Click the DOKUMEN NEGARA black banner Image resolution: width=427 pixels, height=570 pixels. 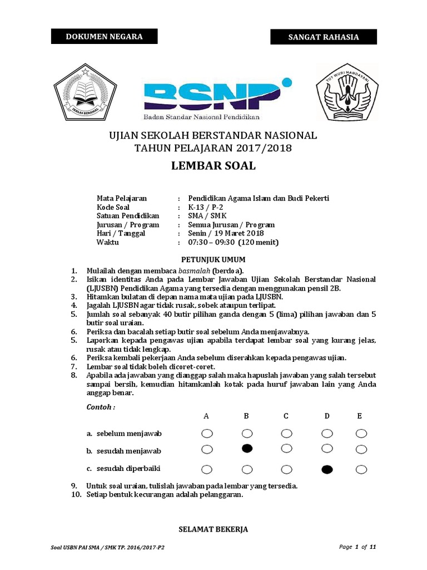(105, 37)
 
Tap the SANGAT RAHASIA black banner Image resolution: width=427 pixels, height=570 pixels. (324, 37)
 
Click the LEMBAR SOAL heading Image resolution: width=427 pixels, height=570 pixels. (213, 165)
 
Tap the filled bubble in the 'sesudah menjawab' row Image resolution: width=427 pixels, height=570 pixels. (247, 449)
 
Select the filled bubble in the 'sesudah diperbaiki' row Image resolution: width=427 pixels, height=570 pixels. (327, 469)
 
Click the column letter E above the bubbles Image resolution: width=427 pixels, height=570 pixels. (360, 416)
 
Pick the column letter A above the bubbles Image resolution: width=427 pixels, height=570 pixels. (206, 416)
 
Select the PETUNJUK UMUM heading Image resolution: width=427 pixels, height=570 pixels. (213, 259)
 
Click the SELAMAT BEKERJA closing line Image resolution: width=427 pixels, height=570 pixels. (213, 529)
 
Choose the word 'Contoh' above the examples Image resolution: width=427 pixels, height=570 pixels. (101, 407)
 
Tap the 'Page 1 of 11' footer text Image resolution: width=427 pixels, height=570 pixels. (358, 547)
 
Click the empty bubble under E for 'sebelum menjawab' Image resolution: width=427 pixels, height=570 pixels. (361, 433)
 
